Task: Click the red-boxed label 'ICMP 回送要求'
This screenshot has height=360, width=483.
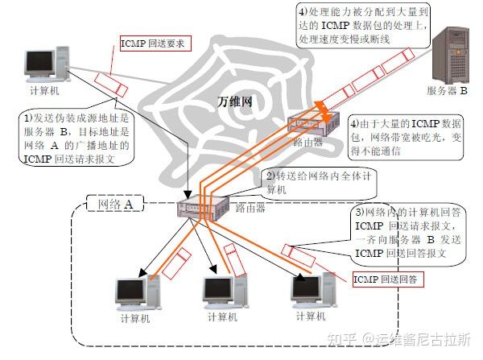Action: (155, 43)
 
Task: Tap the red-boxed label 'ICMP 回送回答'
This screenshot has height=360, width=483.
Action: (388, 279)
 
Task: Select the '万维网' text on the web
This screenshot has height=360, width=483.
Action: (235, 101)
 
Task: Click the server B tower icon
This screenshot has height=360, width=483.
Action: (451, 56)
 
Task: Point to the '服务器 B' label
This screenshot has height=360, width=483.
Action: (447, 91)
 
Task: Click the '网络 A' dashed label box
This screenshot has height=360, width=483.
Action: (115, 204)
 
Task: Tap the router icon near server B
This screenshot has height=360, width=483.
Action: (313, 124)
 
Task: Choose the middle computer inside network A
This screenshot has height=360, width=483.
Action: (225, 291)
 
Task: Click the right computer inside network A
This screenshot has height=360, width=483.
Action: (314, 290)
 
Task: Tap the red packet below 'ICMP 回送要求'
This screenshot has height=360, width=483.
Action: (110, 85)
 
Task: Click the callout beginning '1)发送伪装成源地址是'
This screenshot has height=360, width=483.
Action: (77, 139)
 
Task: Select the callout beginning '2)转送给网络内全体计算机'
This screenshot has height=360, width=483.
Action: (319, 183)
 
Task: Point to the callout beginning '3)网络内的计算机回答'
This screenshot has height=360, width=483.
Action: (407, 234)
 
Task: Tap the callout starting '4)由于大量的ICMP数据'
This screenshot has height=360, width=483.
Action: (406, 137)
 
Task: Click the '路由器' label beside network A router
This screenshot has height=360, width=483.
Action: (250, 208)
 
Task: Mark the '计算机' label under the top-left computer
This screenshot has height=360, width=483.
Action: (44, 91)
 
